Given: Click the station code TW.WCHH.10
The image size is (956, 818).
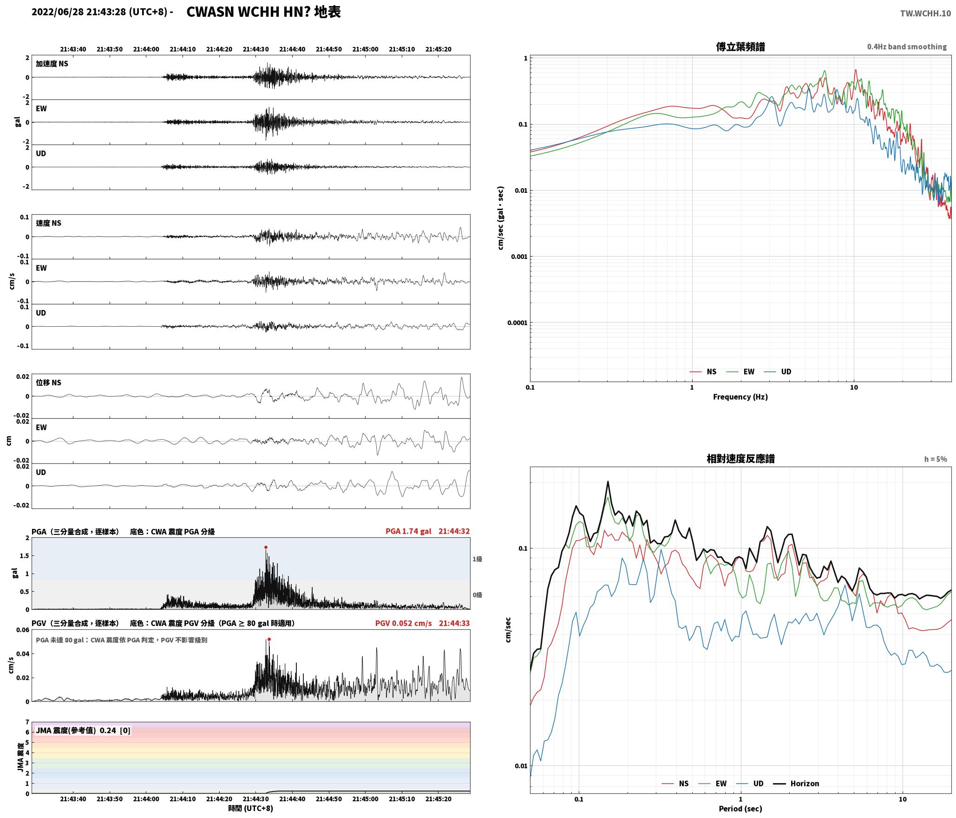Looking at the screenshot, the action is (925, 13).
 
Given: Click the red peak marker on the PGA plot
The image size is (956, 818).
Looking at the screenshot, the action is (266, 547).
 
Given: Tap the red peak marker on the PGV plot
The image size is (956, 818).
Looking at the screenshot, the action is (269, 639).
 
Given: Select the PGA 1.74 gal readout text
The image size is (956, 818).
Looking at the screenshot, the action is (408, 531).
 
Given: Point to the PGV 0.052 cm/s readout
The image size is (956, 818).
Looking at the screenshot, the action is (403, 623).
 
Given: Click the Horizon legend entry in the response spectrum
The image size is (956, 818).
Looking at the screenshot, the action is (796, 783).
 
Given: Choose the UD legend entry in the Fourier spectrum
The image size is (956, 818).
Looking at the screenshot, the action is (777, 371).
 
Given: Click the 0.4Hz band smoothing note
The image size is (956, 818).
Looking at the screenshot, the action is (907, 47).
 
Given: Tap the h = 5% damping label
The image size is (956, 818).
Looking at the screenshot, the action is (935, 459).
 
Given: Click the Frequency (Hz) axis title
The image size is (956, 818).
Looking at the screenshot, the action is (740, 397).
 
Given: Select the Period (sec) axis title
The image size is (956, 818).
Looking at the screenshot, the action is (740, 809).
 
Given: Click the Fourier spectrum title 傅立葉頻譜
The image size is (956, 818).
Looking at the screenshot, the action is (740, 47).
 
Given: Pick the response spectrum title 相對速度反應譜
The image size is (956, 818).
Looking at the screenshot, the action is (740, 459).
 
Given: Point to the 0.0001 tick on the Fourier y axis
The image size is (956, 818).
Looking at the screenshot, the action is (517, 323).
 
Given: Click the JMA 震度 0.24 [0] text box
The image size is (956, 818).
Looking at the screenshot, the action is (83, 731).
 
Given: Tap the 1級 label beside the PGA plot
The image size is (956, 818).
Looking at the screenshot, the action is (477, 559).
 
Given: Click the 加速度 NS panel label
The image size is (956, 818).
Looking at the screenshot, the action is (52, 64).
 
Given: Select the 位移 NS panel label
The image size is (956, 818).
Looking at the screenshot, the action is (49, 383).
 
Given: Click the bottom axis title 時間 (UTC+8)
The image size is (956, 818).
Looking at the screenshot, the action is (251, 808).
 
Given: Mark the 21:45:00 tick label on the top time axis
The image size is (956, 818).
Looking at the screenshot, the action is (365, 49).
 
